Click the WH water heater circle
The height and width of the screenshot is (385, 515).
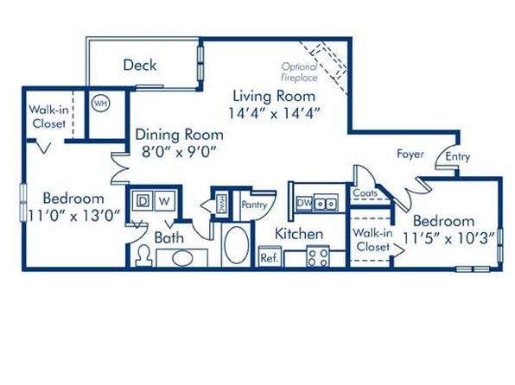pos(100,104)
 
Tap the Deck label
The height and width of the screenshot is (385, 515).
pos(140,65)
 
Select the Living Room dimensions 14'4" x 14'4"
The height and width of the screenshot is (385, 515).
pos(274,114)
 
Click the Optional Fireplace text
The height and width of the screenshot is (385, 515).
pos(299,72)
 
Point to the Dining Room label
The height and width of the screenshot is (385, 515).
pos(180,135)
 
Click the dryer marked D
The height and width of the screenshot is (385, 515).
pos(143,201)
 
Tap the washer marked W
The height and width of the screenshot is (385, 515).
pos(164,201)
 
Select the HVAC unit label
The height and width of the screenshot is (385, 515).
pos(222,204)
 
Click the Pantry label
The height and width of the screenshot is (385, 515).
pos(254,205)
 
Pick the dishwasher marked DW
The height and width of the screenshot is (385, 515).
pos(305,203)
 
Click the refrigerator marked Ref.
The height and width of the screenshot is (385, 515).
pos(270,257)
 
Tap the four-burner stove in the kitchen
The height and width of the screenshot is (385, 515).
pos(318,256)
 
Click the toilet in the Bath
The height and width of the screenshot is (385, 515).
pos(143,256)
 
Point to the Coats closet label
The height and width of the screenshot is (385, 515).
pos(365,193)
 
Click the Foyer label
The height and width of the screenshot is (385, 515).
pos(410,154)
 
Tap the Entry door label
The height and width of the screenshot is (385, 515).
pos(457,157)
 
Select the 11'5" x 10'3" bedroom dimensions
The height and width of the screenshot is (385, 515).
pos(448,238)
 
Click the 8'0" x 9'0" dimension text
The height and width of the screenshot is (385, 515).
pos(180,152)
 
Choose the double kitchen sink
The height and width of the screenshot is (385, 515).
pos(326,203)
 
